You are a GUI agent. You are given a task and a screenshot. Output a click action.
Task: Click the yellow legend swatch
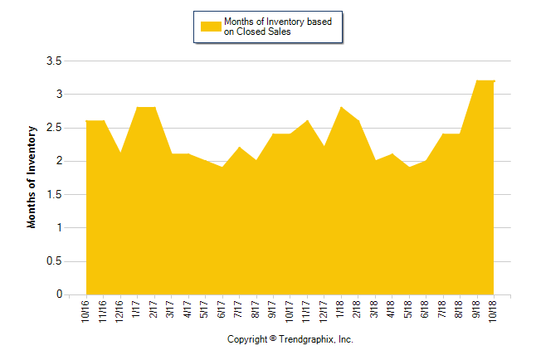click(211, 27)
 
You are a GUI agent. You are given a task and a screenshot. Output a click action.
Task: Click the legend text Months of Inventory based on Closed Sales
click(278, 27)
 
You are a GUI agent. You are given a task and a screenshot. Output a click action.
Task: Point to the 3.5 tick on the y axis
click(54, 61)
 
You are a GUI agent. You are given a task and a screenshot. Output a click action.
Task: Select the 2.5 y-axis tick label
click(54, 128)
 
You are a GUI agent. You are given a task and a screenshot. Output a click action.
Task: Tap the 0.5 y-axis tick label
click(54, 261)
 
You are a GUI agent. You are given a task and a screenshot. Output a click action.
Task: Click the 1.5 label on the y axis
click(54, 195)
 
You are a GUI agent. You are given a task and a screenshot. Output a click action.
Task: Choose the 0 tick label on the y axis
click(59, 294)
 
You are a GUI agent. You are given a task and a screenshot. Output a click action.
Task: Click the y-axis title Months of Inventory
click(33, 177)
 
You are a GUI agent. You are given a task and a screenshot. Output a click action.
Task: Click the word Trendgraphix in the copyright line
click(305, 339)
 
